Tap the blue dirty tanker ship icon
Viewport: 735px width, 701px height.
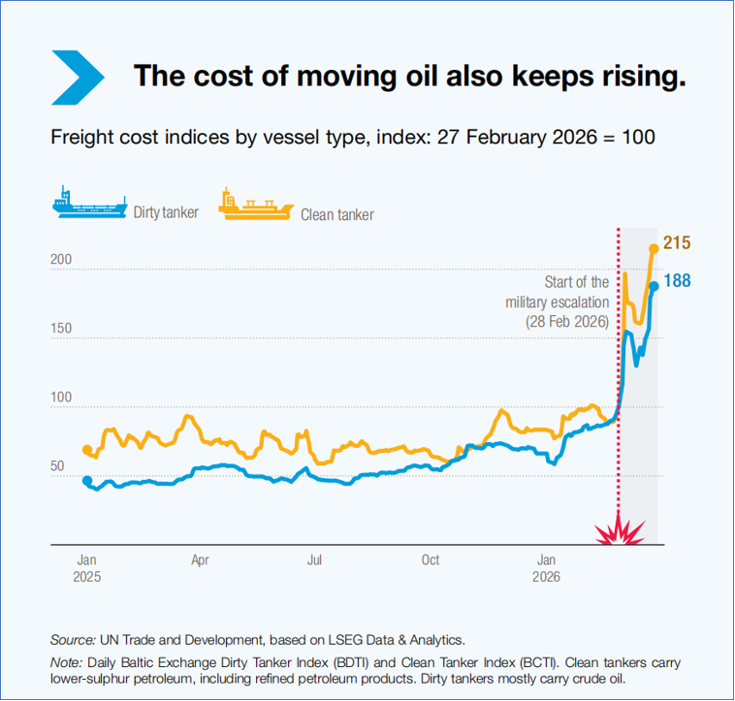pos(88,205)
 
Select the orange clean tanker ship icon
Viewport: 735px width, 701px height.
pos(255,205)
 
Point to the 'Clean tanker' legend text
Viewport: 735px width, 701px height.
pos(337,214)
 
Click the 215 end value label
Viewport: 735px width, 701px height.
pos(677,242)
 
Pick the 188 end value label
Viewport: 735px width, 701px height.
pos(677,281)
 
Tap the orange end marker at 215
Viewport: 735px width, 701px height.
pos(654,248)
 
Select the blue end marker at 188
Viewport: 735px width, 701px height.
pos(655,285)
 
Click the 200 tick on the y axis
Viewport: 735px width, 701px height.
pos(61,261)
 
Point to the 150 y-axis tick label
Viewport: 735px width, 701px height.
pos(61,329)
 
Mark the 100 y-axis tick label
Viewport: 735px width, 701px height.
pos(61,398)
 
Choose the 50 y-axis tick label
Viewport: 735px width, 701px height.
pos(57,466)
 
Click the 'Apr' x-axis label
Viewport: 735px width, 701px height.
pos(200,559)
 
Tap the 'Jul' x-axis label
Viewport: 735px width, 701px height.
pos(315,559)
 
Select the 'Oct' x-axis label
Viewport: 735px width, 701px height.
pos(431,559)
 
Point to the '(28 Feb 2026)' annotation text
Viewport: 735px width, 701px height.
pos(567,321)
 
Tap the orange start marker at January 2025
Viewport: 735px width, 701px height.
pos(87,450)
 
